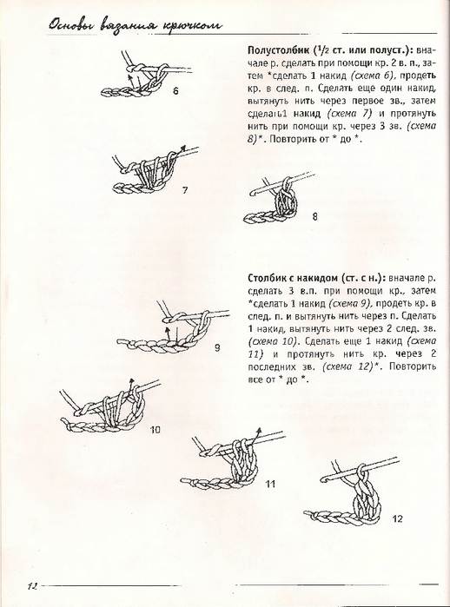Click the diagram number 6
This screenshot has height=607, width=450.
click(x=175, y=91)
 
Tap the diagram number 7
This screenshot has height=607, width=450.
click(x=185, y=190)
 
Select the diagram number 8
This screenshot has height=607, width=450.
click(x=314, y=217)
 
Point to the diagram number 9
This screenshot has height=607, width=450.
click(x=217, y=348)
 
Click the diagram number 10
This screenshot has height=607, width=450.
click(x=155, y=430)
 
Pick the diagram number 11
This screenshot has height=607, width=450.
click(x=270, y=484)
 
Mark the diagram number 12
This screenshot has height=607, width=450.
click(x=397, y=518)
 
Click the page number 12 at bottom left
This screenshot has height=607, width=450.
click(x=32, y=585)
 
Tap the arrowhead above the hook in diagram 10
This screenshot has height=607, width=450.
click(x=132, y=381)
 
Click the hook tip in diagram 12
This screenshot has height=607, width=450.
click(x=322, y=478)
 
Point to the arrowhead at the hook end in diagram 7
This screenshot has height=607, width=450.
click(x=184, y=148)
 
